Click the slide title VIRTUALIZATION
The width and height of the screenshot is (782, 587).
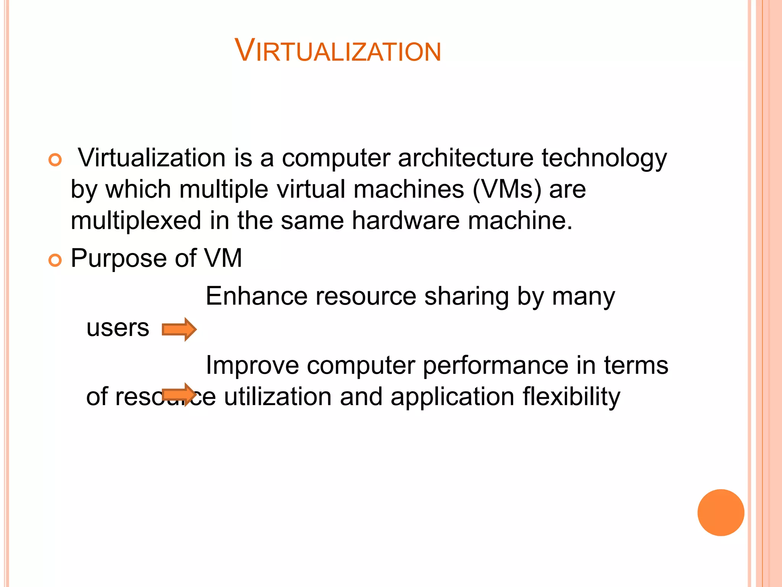[x=338, y=50]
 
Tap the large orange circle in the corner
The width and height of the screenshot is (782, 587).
[x=721, y=512]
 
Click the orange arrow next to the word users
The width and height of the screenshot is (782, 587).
[x=179, y=329]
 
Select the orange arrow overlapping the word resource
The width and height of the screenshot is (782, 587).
[x=179, y=394]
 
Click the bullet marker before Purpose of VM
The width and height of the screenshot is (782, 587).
[x=55, y=261]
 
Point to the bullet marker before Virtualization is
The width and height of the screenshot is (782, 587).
[x=55, y=160]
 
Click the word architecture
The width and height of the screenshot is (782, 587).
[x=465, y=158]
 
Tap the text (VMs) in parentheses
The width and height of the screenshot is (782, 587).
[x=507, y=190]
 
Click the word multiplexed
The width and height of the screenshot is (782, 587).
[x=136, y=221]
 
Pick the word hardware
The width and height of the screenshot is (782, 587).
[x=406, y=221]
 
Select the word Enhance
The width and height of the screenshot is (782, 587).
[x=256, y=296]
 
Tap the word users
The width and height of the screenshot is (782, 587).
[x=118, y=328]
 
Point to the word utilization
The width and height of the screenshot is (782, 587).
[x=278, y=397]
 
